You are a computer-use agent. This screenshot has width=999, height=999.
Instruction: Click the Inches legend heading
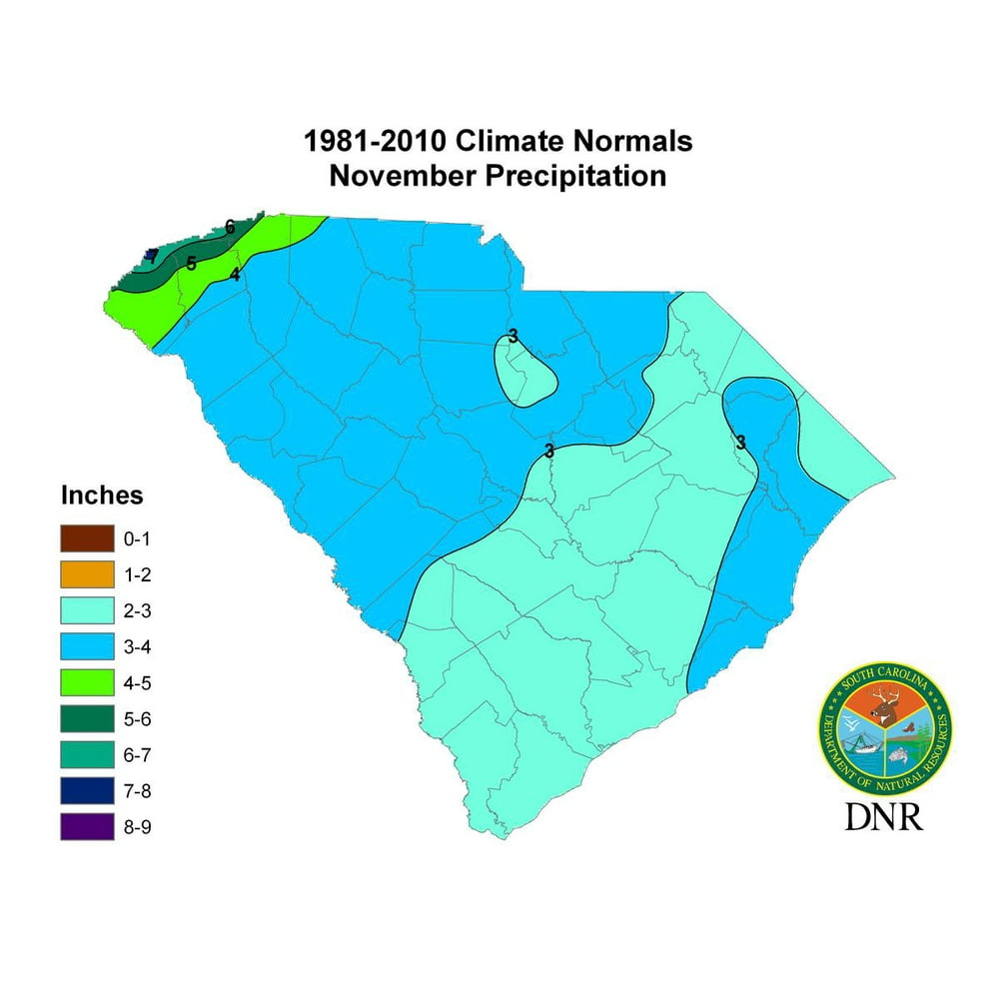pyautogui.click(x=102, y=496)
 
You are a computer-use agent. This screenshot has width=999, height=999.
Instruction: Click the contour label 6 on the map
pyautogui.click(x=230, y=227)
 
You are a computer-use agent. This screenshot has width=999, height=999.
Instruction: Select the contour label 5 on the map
pyautogui.click(x=191, y=264)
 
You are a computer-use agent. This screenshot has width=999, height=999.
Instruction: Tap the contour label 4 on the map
pyautogui.click(x=235, y=275)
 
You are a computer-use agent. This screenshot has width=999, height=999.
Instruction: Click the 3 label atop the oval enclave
pyautogui.click(x=512, y=336)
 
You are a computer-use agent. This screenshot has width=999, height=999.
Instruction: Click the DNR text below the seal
pyautogui.click(x=884, y=814)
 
